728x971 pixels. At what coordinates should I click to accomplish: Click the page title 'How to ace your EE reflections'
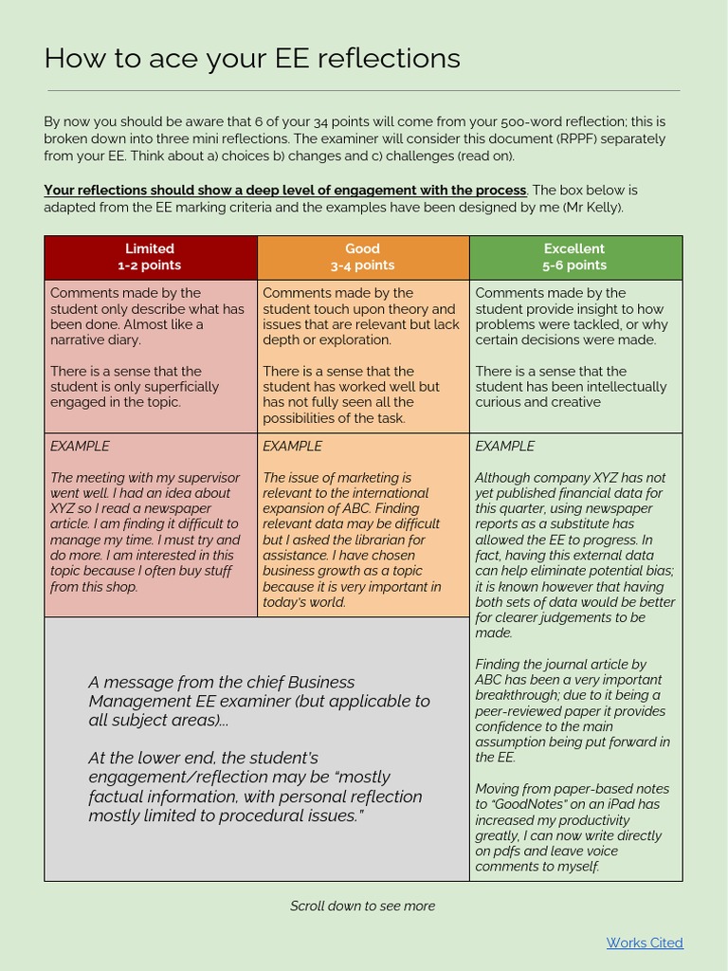click(252, 59)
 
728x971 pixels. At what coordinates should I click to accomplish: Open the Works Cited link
click(645, 943)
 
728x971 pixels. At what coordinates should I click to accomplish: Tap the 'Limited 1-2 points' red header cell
click(150, 257)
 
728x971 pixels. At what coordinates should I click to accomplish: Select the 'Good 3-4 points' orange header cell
click(362, 257)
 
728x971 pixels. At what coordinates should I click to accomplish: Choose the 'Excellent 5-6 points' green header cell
click(574, 257)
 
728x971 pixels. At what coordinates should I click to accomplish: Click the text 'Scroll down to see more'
click(362, 906)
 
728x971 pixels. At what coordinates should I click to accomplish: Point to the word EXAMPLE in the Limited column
click(80, 446)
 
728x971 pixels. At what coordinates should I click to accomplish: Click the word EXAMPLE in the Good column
click(292, 446)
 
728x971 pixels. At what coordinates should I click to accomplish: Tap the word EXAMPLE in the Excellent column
click(504, 446)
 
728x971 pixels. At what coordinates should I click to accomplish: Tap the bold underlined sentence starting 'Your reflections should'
click(284, 190)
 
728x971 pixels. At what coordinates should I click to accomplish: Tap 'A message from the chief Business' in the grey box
click(222, 682)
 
